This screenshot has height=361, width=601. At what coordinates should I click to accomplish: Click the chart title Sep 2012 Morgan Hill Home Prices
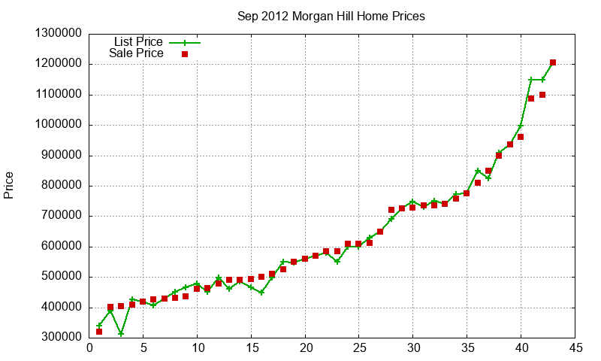point(331,16)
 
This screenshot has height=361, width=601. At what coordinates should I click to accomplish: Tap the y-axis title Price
point(9,185)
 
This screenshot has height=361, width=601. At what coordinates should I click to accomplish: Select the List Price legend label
point(138,41)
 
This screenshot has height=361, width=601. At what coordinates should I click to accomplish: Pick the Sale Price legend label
point(136,53)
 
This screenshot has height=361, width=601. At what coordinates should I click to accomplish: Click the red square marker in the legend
point(185,54)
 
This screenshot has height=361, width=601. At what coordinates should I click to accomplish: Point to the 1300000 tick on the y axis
point(59,34)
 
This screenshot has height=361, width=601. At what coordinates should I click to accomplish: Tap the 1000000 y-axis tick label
point(59,125)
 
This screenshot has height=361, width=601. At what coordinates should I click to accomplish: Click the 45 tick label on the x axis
point(575,347)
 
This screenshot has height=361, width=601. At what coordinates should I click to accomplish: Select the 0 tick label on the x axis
point(89,347)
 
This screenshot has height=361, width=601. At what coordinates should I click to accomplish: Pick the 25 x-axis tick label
point(359,347)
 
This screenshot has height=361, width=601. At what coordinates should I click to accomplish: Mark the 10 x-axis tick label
point(197,347)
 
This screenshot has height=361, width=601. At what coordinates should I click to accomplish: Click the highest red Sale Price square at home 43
point(553,62)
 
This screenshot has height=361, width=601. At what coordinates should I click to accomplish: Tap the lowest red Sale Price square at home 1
point(99,332)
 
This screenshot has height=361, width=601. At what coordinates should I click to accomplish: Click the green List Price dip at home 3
point(121,334)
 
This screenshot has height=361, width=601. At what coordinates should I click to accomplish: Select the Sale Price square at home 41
point(531,98)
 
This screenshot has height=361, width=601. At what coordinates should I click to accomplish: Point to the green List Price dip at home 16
point(261,292)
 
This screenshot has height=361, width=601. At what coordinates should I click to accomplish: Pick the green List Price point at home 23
point(337,262)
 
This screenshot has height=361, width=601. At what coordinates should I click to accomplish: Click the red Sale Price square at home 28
point(391,210)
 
